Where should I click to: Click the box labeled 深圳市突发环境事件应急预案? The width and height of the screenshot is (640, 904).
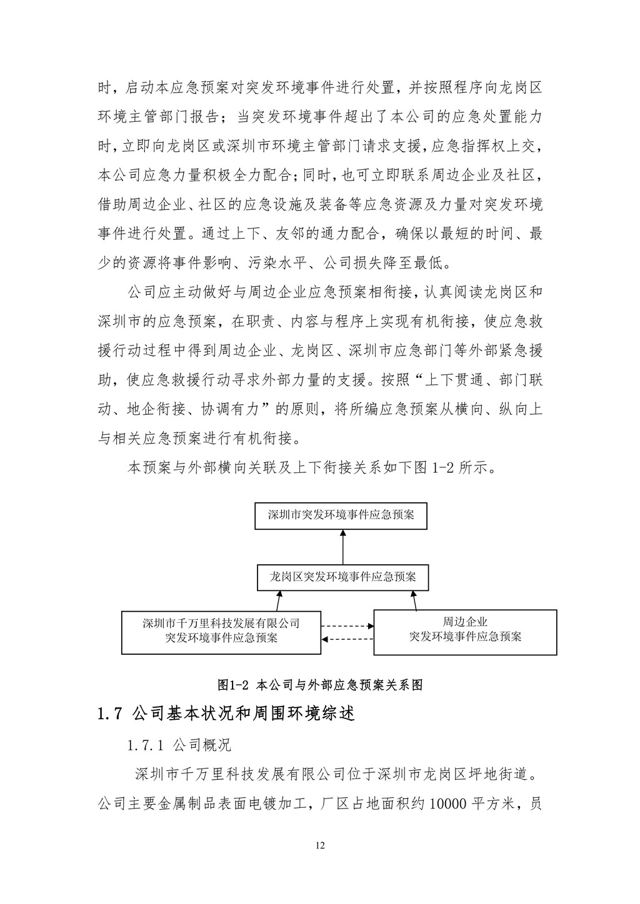pyautogui.click(x=341, y=515)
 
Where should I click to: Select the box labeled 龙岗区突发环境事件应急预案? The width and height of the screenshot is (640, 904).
pyautogui.click(x=343, y=577)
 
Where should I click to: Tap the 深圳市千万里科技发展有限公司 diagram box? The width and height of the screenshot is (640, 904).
pyautogui.click(x=221, y=632)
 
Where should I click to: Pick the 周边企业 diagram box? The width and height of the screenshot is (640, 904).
pyautogui.click(x=465, y=632)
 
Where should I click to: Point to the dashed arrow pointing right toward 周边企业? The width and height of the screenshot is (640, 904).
pyautogui.click(x=347, y=625)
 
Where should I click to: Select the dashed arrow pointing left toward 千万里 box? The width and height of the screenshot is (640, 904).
pyautogui.click(x=347, y=638)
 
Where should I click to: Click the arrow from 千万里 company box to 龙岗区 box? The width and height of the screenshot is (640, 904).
pyautogui.click(x=279, y=601)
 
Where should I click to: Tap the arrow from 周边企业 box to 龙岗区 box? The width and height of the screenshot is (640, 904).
pyautogui.click(x=414, y=601)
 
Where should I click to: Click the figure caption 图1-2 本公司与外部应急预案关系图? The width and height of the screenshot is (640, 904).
pyautogui.click(x=320, y=685)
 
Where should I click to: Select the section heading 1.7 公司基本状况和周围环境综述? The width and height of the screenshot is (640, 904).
pyautogui.click(x=226, y=713)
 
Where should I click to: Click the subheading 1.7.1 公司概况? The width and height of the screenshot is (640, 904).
pyautogui.click(x=179, y=745)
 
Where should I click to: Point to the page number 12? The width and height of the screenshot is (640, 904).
pyautogui.click(x=320, y=846)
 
